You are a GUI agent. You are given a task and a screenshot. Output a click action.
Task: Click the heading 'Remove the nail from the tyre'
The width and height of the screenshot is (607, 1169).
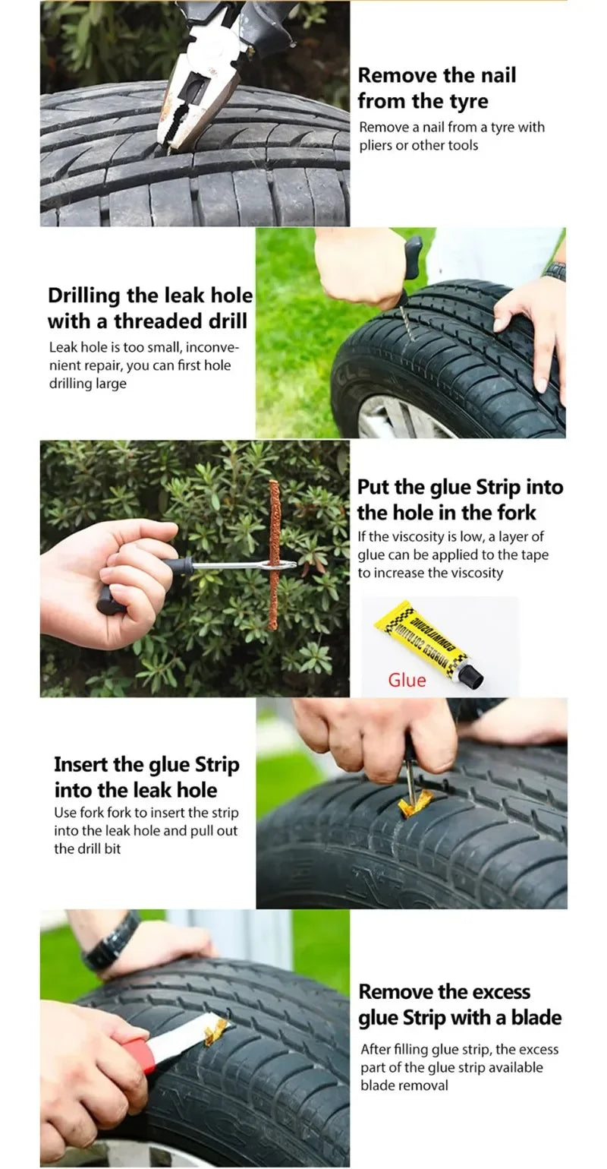436,88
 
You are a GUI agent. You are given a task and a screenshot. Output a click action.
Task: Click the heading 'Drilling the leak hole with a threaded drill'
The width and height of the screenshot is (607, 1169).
149,308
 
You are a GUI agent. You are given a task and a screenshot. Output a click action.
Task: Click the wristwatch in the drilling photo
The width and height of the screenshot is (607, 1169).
555,270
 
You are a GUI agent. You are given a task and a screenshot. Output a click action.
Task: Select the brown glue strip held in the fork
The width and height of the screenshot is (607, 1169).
273,554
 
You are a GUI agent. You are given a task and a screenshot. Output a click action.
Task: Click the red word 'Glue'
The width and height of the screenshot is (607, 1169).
407,680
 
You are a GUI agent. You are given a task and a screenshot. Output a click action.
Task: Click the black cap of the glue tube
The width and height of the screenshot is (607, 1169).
471,675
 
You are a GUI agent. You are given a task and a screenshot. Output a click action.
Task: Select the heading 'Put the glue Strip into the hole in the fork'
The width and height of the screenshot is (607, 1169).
460,499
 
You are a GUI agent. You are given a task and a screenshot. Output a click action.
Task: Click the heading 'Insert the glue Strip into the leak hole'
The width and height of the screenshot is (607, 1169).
146,777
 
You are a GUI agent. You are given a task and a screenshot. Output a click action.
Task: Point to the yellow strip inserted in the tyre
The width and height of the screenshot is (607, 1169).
415,801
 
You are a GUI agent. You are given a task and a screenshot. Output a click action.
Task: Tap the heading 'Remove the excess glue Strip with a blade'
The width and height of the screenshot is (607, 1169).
460,1004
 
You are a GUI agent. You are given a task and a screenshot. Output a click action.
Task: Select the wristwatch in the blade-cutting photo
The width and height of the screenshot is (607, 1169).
111,943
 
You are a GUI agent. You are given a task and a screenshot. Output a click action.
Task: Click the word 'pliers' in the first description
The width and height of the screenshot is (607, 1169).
376,145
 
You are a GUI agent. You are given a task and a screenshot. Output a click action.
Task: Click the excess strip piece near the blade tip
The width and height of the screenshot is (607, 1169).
215,1030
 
